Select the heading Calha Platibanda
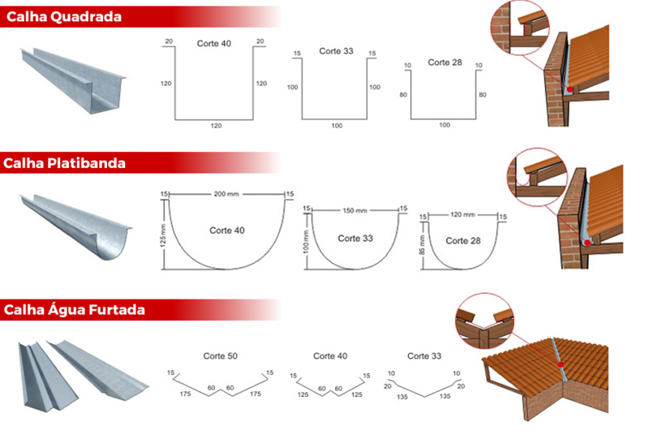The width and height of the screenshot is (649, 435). [x=64, y=163]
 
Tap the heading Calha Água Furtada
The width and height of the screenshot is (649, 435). [x=74, y=310]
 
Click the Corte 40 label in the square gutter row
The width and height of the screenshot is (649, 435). [x=213, y=44]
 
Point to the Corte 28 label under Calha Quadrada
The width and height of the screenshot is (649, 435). [x=445, y=62]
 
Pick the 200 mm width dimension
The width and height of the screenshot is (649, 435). [x=228, y=195]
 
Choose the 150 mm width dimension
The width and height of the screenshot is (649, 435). [x=355, y=210]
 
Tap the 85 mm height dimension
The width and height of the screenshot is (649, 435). [x=422, y=245]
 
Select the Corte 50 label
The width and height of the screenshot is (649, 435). [x=220, y=356]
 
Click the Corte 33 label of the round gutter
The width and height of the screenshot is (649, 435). [x=355, y=239]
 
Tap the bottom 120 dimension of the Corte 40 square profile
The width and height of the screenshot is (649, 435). [x=215, y=126]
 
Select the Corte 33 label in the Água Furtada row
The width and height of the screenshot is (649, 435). [x=423, y=356]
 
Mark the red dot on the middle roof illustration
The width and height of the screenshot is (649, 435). [x=585, y=240]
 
